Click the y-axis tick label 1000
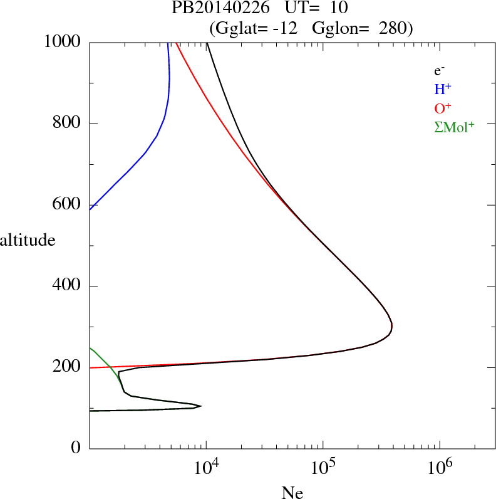point(62,42)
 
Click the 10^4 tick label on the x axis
point(206,468)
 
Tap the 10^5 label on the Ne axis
point(323,468)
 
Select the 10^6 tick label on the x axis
point(439,468)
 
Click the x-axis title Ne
point(292,492)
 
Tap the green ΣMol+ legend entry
point(454,127)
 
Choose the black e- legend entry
point(439,71)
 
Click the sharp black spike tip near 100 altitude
point(200,406)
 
